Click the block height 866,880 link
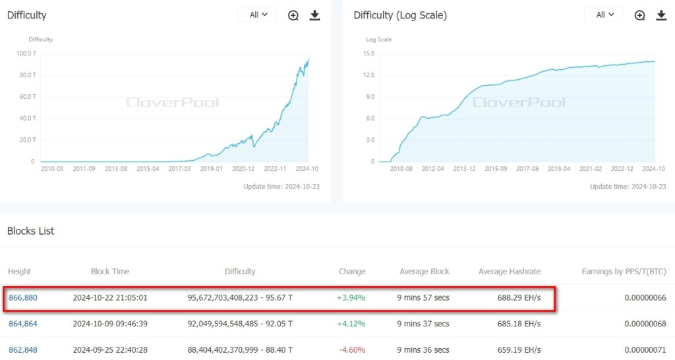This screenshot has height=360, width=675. click(x=22, y=297)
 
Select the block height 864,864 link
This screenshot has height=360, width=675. click(x=22, y=324)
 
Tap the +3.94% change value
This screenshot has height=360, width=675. click(x=351, y=297)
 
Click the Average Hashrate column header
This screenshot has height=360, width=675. click(x=510, y=271)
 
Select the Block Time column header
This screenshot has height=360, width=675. click(x=110, y=271)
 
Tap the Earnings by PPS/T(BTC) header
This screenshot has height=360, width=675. click(x=624, y=271)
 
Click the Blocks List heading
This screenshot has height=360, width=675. click(x=30, y=231)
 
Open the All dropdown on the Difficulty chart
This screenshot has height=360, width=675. click(x=258, y=15)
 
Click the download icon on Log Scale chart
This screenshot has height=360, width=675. click(x=661, y=15)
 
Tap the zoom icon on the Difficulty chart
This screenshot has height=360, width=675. click(x=293, y=15)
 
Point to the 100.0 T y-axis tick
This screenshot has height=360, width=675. click(x=26, y=53)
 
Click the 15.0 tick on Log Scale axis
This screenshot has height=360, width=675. click(x=369, y=53)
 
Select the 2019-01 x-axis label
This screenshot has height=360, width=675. click(x=211, y=168)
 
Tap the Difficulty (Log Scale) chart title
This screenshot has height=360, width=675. click(x=400, y=15)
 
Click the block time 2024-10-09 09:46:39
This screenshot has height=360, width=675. click(x=110, y=324)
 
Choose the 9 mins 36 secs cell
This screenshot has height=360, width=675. click(x=423, y=349)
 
